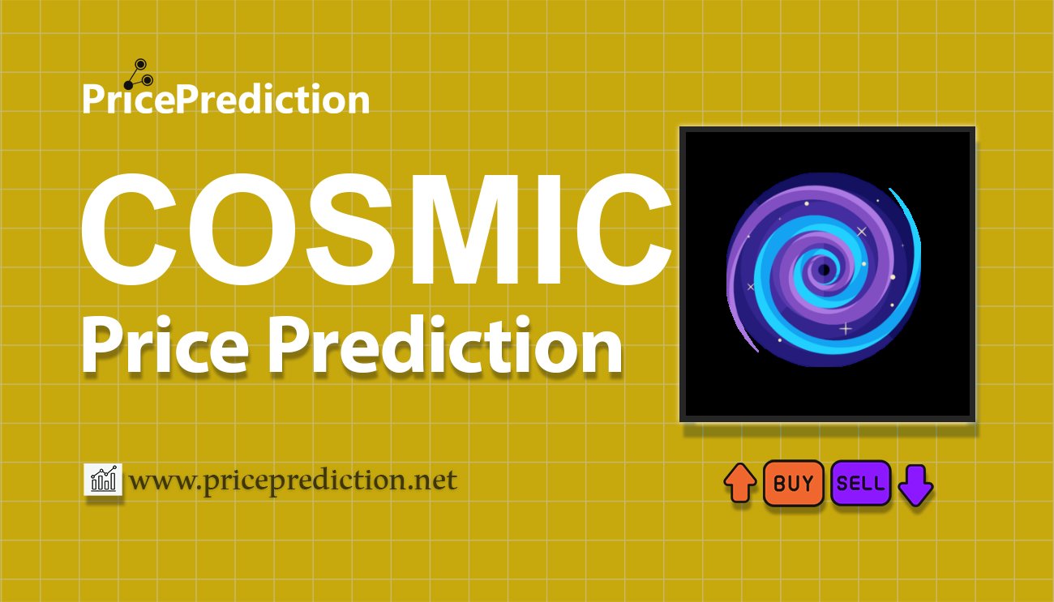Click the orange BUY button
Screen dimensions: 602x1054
(x=793, y=484)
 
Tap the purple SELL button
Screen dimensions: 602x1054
(x=860, y=484)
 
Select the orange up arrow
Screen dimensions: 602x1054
(x=739, y=484)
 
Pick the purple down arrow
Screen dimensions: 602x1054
(x=916, y=485)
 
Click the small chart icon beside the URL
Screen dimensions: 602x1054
(x=103, y=480)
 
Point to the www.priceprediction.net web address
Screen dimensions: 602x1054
(x=293, y=480)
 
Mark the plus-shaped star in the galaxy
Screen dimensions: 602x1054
(x=846, y=329)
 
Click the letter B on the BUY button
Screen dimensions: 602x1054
(x=779, y=484)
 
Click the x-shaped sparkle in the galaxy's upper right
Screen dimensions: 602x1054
(x=861, y=232)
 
